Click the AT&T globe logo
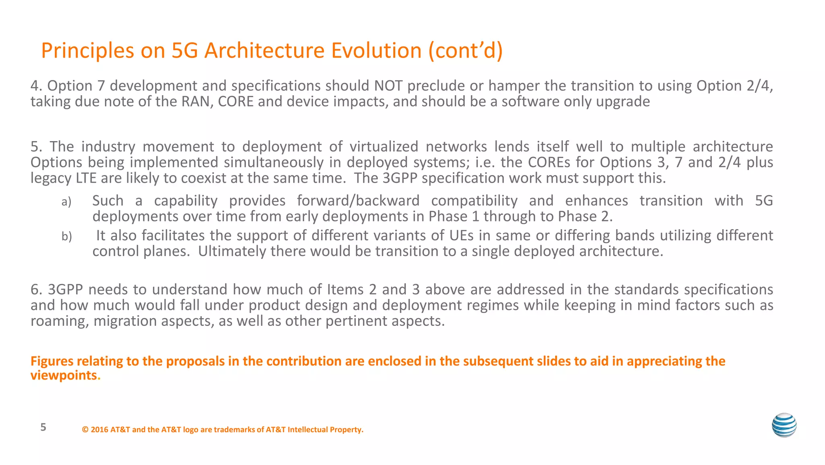point(784,425)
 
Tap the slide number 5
point(44,427)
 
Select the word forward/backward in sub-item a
point(358,200)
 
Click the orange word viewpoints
point(64,375)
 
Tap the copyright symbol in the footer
point(85,430)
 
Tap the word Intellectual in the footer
point(307,430)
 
